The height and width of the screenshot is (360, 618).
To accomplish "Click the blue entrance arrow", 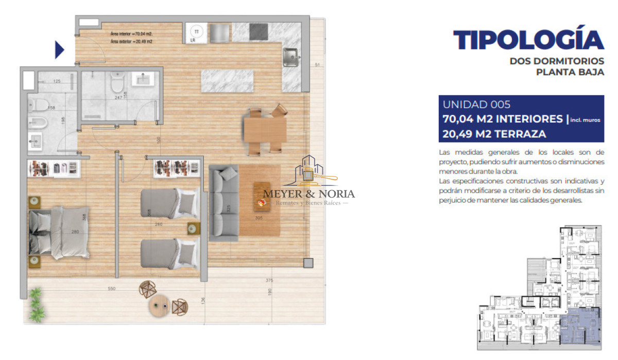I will (59, 50).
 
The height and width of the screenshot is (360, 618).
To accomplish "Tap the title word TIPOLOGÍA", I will (528, 40).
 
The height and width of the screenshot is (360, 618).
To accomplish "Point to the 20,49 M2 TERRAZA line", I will (494, 134).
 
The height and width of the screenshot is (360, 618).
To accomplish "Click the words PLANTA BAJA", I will (570, 73).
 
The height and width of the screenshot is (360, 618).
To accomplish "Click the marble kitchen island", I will (227, 81).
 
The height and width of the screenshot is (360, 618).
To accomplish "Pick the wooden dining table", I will (265, 130).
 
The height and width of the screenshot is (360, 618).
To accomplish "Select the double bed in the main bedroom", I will (59, 232).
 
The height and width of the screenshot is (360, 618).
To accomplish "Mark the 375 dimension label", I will (269, 281).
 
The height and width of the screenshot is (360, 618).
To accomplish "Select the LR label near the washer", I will (193, 40).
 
